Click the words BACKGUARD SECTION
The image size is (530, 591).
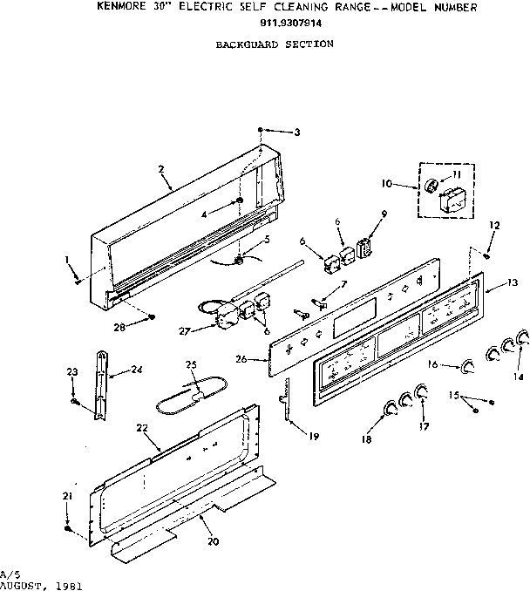click(x=274, y=43)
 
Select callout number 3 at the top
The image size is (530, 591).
click(x=296, y=132)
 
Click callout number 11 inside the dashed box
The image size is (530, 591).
click(x=455, y=175)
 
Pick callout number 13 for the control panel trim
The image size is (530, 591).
click(x=513, y=282)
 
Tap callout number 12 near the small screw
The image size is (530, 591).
click(x=494, y=226)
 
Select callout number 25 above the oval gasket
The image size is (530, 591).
click(x=192, y=363)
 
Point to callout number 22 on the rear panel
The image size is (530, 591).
click(x=141, y=427)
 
